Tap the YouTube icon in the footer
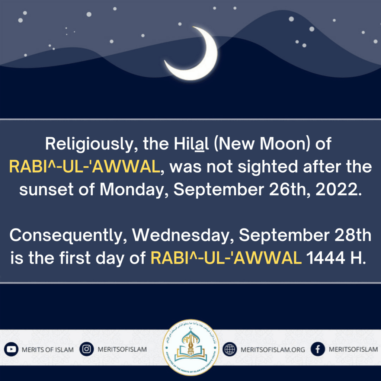pyautogui.click(x=11, y=349)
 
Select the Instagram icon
pyautogui.click(x=86, y=349)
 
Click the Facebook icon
pyautogui.click(x=318, y=349)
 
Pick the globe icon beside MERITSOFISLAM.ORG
pyautogui.click(x=230, y=349)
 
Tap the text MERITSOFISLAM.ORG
pyautogui.click(x=273, y=350)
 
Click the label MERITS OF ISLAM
pyautogui.click(x=48, y=350)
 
